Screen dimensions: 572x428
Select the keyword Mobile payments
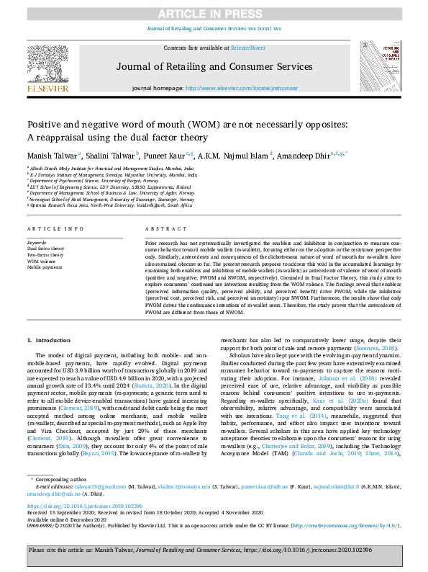(43, 267)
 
